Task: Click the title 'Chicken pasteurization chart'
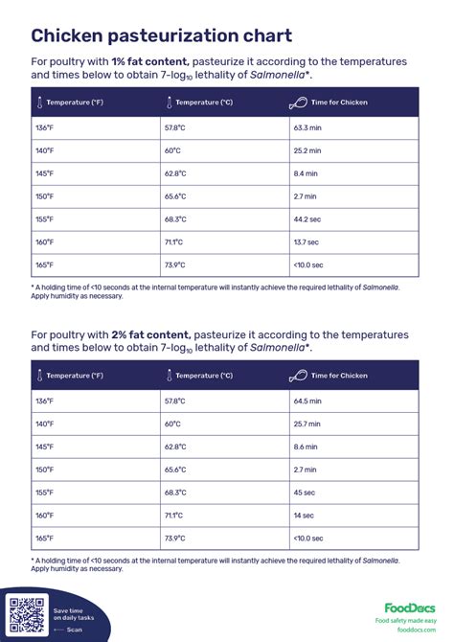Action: pyautogui.click(x=162, y=36)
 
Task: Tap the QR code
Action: pyautogui.click(x=27, y=613)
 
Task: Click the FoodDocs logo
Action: pyautogui.click(x=410, y=608)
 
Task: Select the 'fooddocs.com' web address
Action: pyautogui.click(x=416, y=630)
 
